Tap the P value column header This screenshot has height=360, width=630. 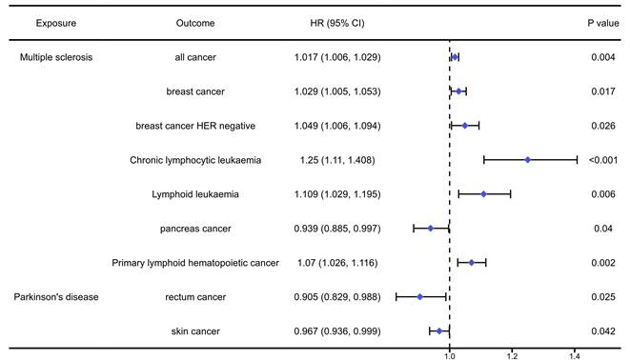pos(602,22)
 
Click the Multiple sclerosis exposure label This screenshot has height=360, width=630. pos(56,57)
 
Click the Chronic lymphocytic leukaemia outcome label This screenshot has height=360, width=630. pos(195,160)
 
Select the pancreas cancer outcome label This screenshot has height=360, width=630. pos(195,229)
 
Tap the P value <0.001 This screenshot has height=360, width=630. pos(602,160)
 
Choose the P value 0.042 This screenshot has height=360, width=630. pos(602,330)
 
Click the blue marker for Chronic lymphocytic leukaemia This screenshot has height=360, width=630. pos(527,160)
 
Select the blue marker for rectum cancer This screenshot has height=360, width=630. pos(419,296)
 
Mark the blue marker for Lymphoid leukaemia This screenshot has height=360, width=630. pos(483,194)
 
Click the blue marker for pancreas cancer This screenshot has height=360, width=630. pos(430,229)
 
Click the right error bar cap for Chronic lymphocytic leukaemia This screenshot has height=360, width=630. pos(577,160)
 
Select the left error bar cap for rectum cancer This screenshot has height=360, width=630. pos(396,296)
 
